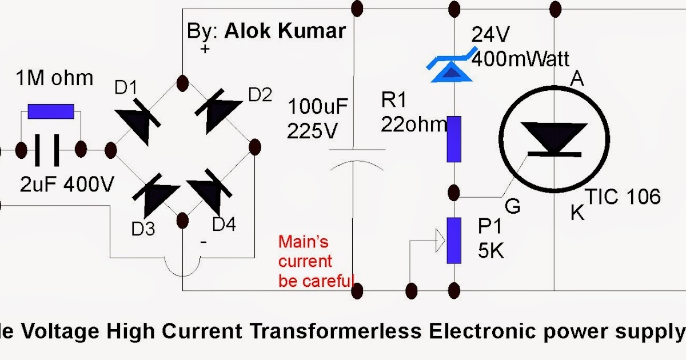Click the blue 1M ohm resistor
[x=51, y=111]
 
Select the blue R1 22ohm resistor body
[x=454, y=139]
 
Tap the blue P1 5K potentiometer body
[x=454, y=240]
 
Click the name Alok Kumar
[x=285, y=31]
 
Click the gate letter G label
[x=513, y=206]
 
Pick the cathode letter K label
[x=578, y=214]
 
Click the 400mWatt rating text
[x=521, y=58]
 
